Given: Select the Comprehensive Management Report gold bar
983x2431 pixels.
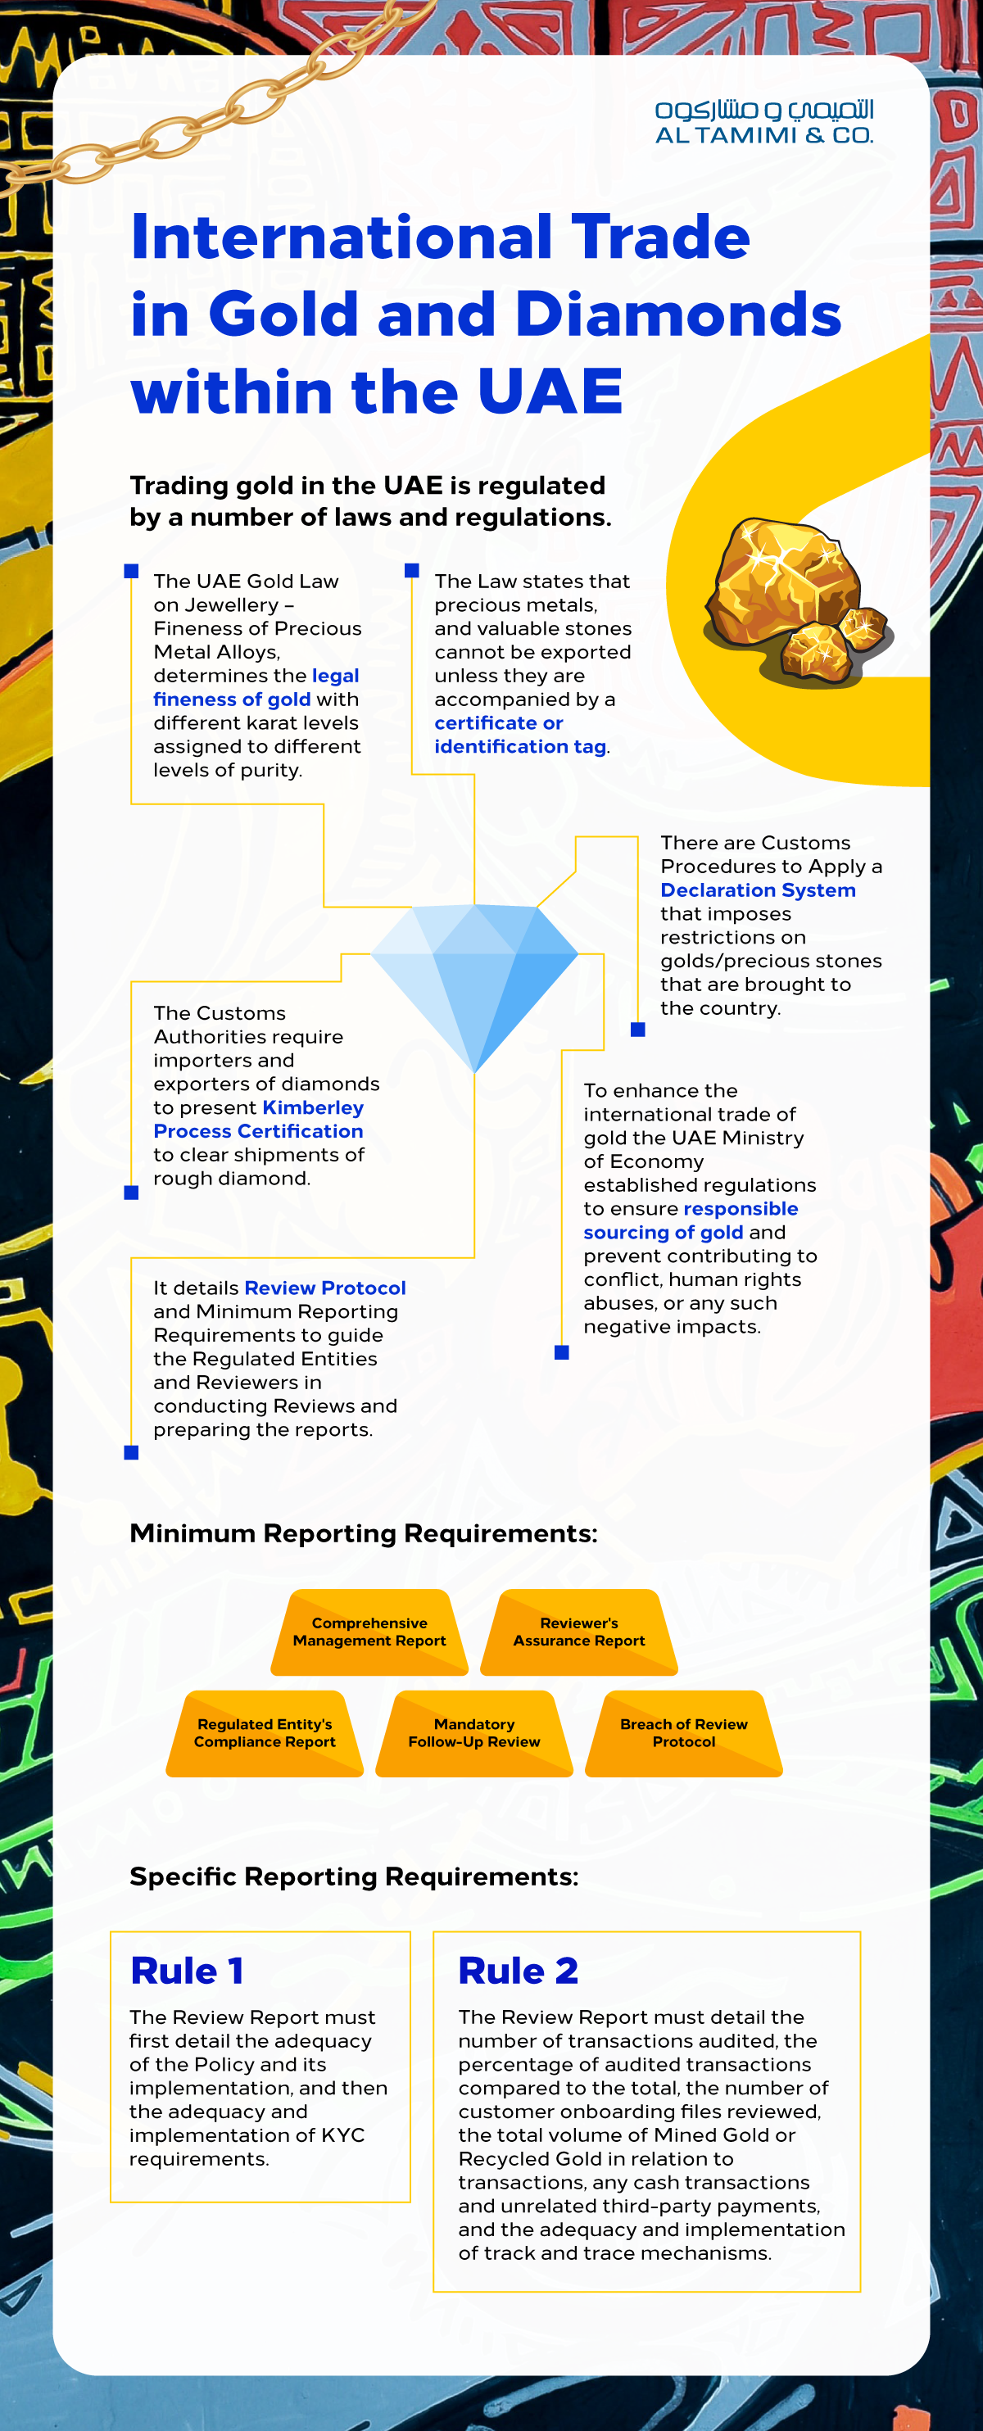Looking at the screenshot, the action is tap(369, 1632).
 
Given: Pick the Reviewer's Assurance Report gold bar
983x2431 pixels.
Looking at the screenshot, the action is tap(579, 1632).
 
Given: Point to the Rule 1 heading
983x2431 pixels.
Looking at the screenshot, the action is tap(187, 1972).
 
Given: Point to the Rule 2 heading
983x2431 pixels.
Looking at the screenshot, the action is tap(518, 1972).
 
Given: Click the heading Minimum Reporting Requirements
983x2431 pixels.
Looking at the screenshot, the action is tap(363, 1533).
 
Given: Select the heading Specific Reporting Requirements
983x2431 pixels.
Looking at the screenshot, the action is tap(354, 1876).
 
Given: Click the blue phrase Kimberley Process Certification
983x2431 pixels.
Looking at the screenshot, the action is tap(259, 1119).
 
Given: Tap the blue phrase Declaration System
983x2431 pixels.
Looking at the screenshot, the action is tap(758, 890).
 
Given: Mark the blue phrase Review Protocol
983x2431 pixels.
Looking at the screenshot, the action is tap(325, 1288).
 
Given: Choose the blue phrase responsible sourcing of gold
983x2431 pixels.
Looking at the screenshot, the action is tap(691, 1220).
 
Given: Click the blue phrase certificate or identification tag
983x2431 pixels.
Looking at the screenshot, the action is tap(520, 734).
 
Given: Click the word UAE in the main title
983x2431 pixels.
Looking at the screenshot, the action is tap(550, 391).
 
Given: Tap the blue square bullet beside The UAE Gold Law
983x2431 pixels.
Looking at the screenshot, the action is tap(131, 571).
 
